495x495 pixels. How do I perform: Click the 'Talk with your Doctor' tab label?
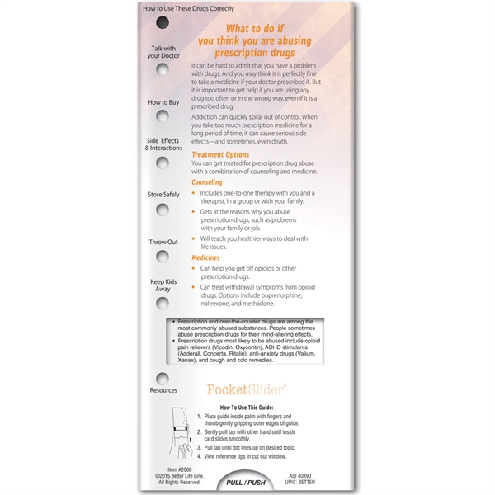[162, 54]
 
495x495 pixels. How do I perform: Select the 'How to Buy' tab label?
[163, 102]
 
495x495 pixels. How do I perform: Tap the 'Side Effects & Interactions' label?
[163, 144]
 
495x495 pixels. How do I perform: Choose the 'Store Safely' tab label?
[163, 195]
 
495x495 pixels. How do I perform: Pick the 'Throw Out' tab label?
[163, 242]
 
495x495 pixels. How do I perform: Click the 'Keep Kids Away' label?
[163, 285]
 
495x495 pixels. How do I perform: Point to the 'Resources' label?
[163, 390]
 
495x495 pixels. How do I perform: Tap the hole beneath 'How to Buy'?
[163, 116]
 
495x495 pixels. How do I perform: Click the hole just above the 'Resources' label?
[163, 378]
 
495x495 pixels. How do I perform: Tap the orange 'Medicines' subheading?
[205, 257]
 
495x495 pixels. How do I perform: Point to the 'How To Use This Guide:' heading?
[257, 408]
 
